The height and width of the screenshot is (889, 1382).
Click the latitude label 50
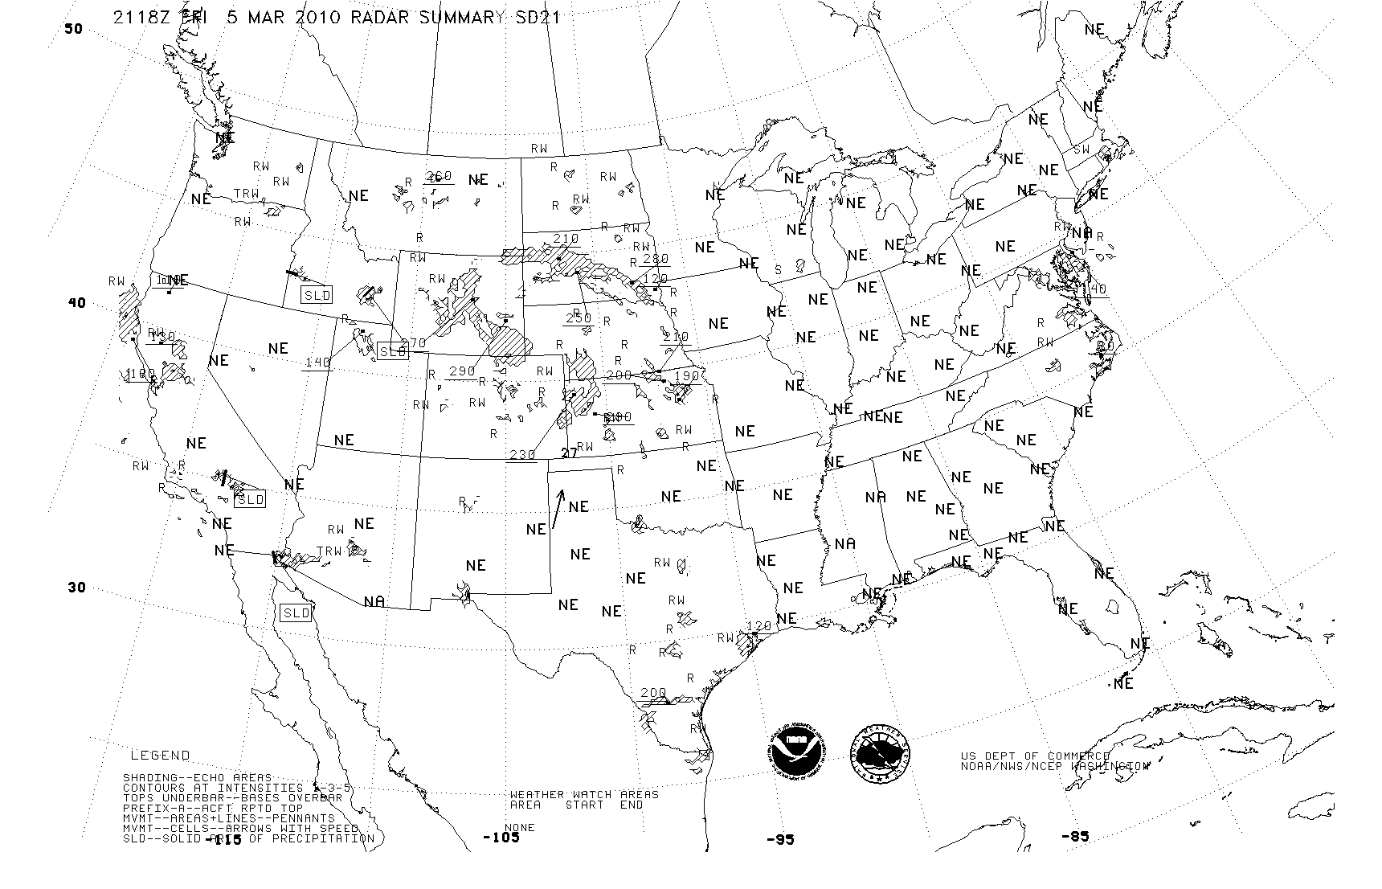click(x=73, y=29)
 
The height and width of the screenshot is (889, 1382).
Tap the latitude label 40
click(x=76, y=303)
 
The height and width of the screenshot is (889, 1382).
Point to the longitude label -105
click(x=501, y=838)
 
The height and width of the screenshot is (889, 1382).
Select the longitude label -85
click(x=1075, y=836)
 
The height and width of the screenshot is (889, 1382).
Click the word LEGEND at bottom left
click(x=161, y=756)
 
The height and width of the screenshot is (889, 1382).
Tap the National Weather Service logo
click(x=881, y=754)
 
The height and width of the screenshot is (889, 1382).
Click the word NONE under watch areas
click(x=519, y=828)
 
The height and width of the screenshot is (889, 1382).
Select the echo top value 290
click(x=462, y=371)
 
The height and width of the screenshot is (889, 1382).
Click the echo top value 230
click(x=522, y=455)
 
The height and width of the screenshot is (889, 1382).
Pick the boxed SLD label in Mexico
click(x=296, y=612)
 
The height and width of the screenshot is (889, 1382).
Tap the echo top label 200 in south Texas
click(x=653, y=693)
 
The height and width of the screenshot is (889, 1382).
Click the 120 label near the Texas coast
click(x=758, y=626)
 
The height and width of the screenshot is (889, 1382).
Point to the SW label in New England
click(x=1081, y=150)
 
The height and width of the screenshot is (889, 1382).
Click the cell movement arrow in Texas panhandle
click(x=558, y=510)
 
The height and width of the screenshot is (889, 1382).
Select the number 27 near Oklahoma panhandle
click(x=569, y=453)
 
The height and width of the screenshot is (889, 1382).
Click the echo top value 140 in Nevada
click(x=317, y=363)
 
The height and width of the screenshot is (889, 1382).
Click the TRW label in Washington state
click(x=246, y=195)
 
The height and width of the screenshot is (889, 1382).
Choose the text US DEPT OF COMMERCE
click(x=1035, y=756)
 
